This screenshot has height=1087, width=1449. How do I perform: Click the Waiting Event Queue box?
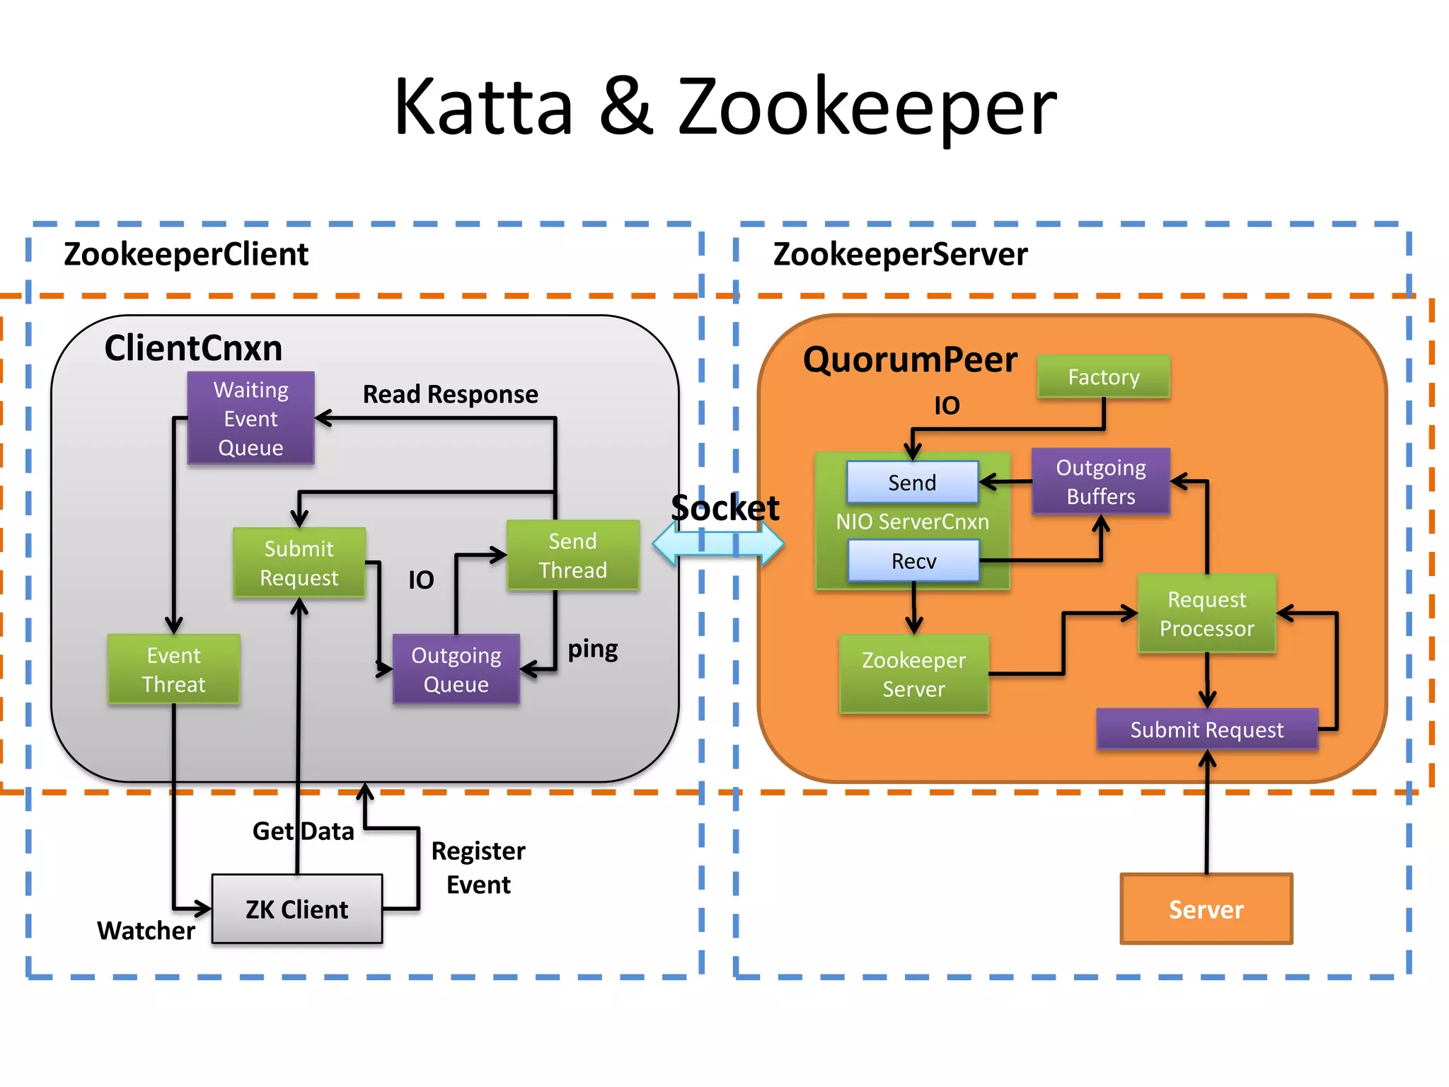pyautogui.click(x=250, y=418)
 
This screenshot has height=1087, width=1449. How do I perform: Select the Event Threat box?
pyautogui.click(x=173, y=669)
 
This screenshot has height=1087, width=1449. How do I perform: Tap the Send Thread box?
pyautogui.click(x=572, y=556)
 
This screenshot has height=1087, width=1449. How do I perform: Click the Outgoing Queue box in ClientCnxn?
pyautogui.click(x=456, y=669)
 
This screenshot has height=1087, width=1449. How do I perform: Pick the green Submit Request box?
pyautogui.click(x=299, y=563)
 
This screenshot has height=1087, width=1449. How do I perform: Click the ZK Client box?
pyautogui.click(x=297, y=909)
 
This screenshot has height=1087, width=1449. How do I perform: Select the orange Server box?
pyautogui.click(x=1206, y=909)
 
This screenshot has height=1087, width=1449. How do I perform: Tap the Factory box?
pyautogui.click(x=1103, y=377)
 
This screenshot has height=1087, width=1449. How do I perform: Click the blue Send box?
pyautogui.click(x=912, y=483)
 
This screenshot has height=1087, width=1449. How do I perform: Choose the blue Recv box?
pyautogui.click(x=913, y=561)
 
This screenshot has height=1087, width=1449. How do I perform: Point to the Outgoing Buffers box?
pyautogui.click(x=1100, y=481)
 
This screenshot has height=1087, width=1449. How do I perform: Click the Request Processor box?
pyautogui.click(x=1206, y=614)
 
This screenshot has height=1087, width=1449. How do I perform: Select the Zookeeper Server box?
pyautogui.click(x=913, y=674)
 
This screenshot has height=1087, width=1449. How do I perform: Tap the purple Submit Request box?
pyautogui.click(x=1206, y=730)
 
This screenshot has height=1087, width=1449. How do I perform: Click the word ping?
pyautogui.click(x=593, y=649)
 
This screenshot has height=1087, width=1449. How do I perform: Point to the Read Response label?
pyautogui.click(x=450, y=394)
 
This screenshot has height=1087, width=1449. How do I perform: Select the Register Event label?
pyautogui.click(x=478, y=868)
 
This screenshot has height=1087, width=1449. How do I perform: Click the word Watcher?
pyautogui.click(x=146, y=931)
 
